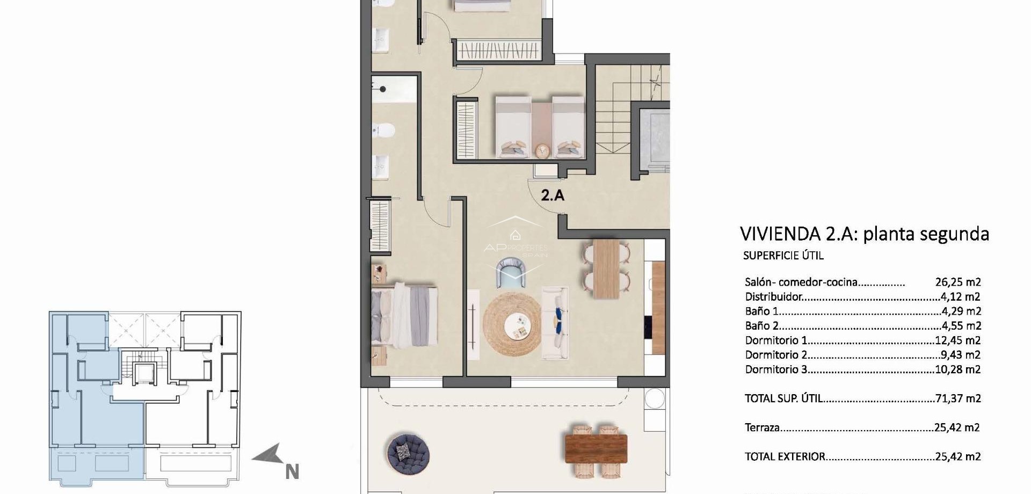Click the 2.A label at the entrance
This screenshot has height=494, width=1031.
tap(553, 195)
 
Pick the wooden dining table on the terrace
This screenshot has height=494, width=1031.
tap(596, 449)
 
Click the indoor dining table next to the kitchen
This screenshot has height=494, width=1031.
tap(606, 268)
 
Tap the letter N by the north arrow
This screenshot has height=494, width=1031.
tap(292, 472)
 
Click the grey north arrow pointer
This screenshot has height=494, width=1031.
tap(268, 456)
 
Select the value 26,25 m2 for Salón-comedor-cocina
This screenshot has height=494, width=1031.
tap(958, 282)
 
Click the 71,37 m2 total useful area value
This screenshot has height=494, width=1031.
tap(958, 398)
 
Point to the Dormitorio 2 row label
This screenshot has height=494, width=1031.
tap(776, 355)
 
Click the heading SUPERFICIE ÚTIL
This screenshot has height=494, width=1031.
tap(783, 256)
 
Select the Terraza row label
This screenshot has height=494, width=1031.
tap(762, 428)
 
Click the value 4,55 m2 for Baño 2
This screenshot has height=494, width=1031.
tap(961, 326)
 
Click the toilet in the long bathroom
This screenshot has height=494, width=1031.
tap(384, 130)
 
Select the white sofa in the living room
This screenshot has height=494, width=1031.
tap(555, 323)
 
